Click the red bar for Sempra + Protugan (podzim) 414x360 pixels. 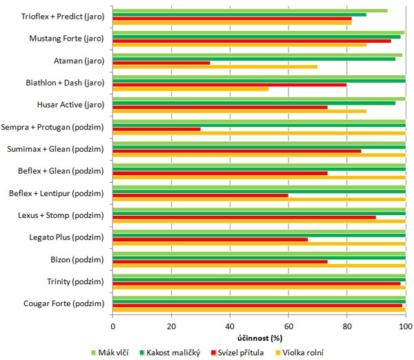pyautogui.click(x=157, y=129)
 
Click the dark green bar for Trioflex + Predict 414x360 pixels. pyautogui.click(x=239, y=14)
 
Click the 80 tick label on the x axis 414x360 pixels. pyautogui.click(x=347, y=327)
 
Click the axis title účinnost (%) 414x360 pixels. pyautogui.click(x=259, y=339)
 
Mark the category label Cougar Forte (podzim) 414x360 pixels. pyautogui.click(x=63, y=304)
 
